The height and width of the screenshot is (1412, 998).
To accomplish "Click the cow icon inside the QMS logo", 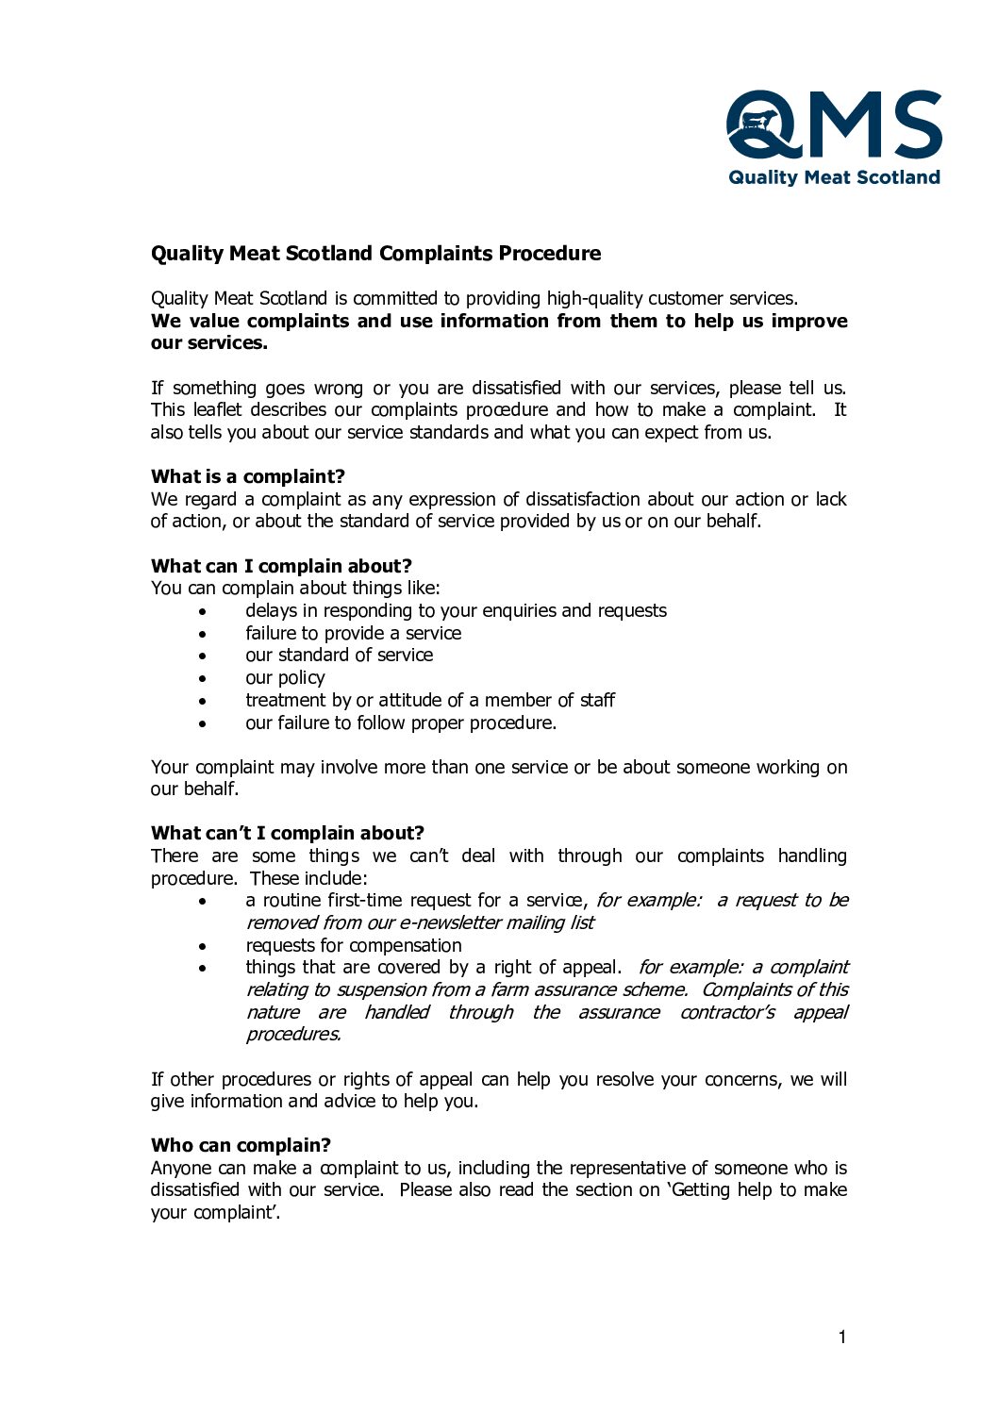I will pos(759,122).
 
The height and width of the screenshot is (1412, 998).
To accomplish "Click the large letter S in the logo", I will pos(915,124).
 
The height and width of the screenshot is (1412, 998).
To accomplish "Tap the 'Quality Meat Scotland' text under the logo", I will pos(834,177).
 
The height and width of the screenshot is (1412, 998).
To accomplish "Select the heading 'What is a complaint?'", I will pos(248,476).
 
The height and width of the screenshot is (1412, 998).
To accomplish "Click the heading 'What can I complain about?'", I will pos(281,566).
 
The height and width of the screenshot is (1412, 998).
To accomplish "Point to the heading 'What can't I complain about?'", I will pos(288,833).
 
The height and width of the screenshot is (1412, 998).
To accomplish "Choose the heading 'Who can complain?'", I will pos(241,1145).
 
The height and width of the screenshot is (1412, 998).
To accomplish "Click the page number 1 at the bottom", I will pos(842,1337).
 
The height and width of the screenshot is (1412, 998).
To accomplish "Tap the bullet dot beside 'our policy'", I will pos(203,678).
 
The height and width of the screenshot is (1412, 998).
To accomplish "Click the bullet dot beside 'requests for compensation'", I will pos(203,946).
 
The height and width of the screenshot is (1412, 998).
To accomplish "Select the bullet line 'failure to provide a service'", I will pos(353,633).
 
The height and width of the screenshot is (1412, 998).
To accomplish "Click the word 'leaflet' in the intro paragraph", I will pos(217,410).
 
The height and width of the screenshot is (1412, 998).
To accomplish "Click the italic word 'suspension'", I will pos(381,989).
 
